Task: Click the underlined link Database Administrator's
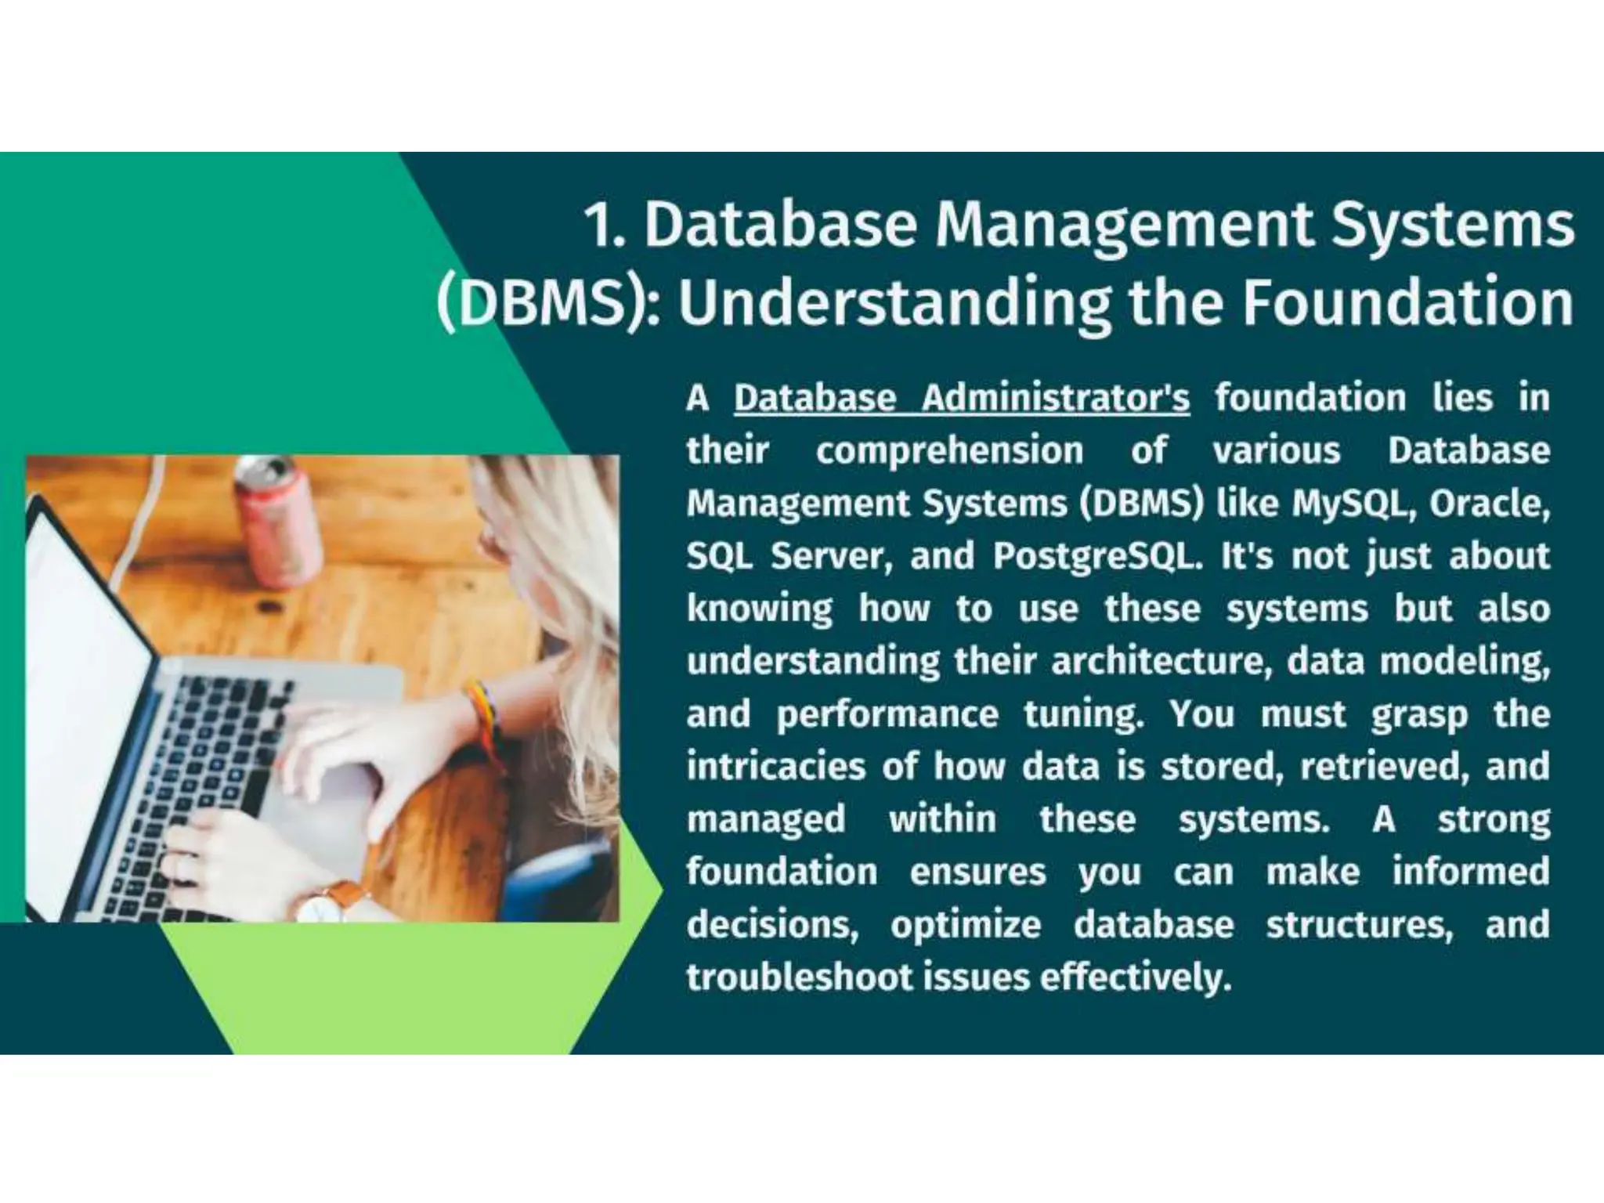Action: click(961, 399)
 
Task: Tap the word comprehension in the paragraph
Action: click(949, 451)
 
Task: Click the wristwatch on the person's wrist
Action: click(325, 901)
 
